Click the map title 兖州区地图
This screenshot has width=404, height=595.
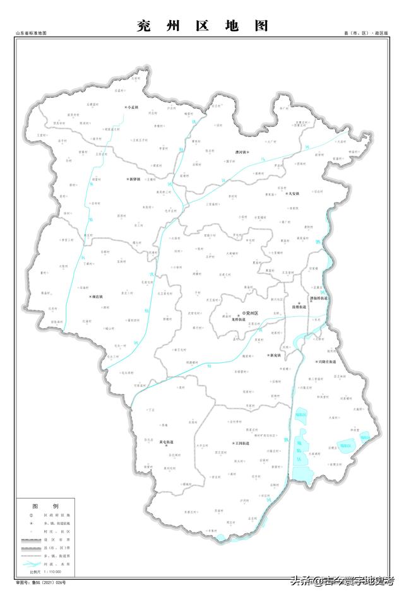202,26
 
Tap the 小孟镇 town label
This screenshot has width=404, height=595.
133,108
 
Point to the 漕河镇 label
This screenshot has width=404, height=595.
241,151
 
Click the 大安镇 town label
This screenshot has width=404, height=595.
292,194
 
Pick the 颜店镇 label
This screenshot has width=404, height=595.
96,296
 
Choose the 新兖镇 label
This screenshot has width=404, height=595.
276,355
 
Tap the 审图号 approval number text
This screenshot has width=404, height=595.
41,581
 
